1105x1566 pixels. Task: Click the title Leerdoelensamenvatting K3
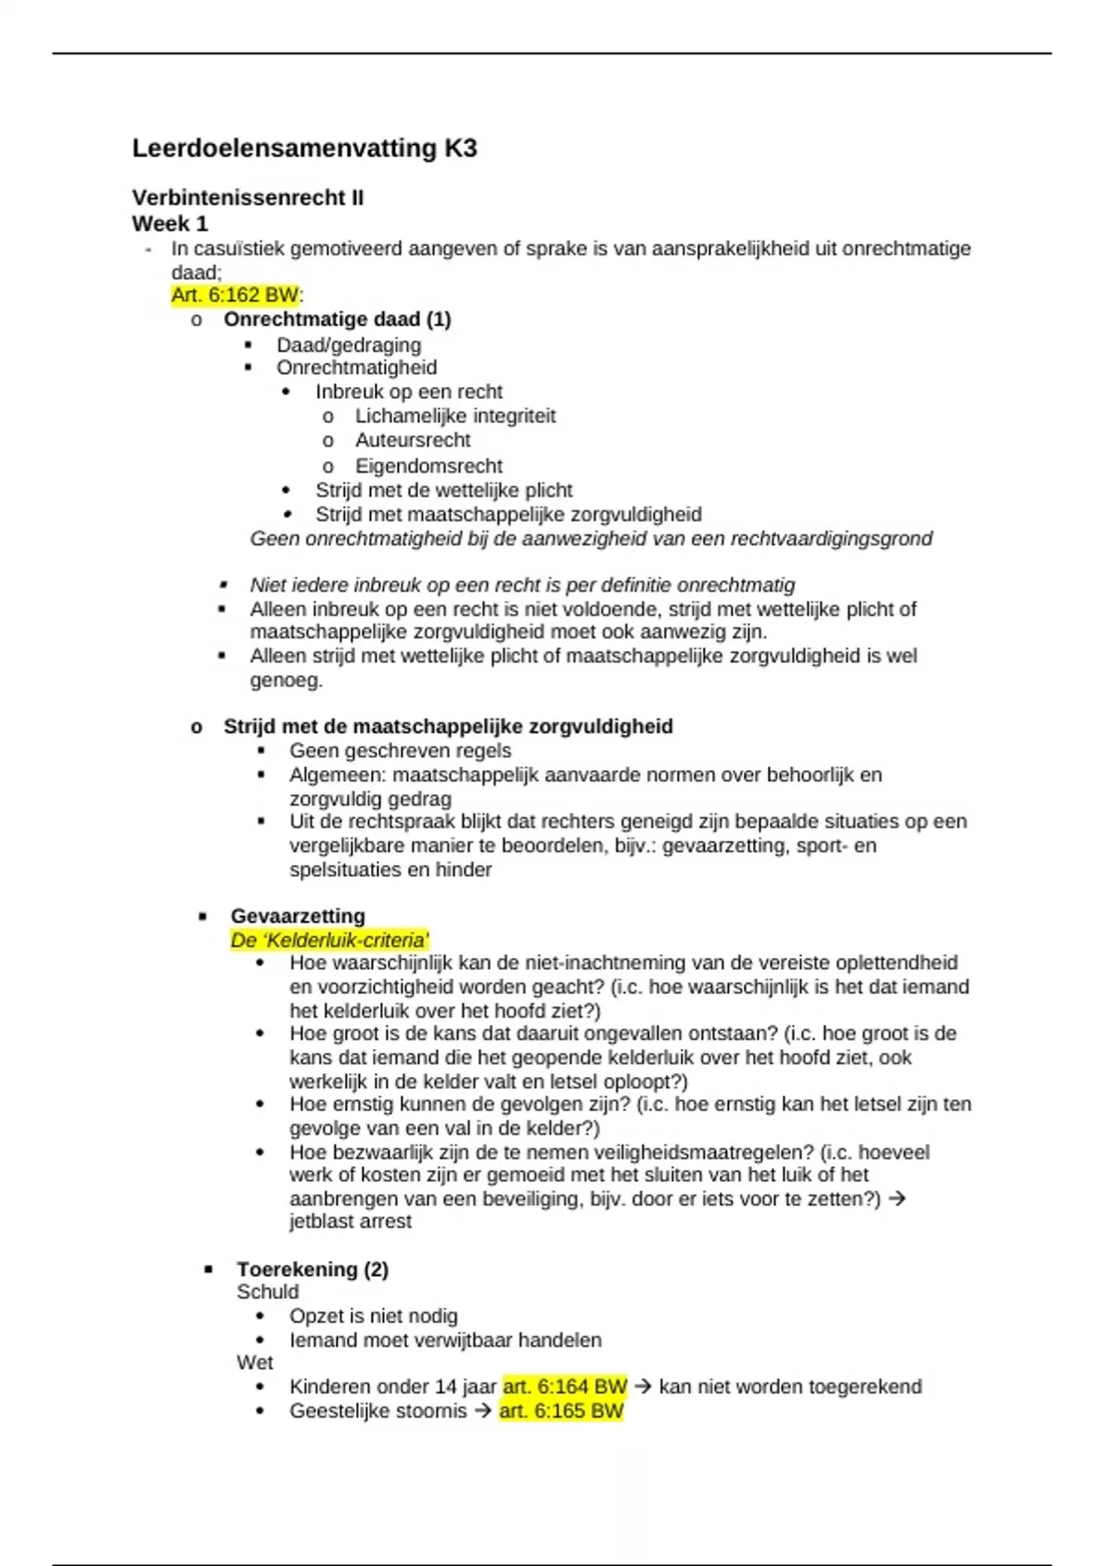304,148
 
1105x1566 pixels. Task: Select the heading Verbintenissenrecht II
248,198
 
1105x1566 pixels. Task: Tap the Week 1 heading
169,224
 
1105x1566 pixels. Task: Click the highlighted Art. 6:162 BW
235,296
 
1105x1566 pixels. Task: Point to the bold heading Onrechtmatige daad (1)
337,320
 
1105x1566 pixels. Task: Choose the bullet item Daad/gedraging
348,345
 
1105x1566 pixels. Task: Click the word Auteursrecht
413,440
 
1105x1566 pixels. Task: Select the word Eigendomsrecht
428,466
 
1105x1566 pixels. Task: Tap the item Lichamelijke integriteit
455,416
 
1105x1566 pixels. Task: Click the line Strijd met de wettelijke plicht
443,490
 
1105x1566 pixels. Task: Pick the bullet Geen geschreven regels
400,751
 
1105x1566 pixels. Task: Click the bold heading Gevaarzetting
297,917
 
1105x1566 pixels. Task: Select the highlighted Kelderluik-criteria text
330,941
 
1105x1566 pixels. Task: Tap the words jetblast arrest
350,1221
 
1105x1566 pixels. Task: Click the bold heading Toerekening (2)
312,1269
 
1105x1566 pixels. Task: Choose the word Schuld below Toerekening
267,1292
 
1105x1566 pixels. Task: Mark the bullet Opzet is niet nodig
373,1316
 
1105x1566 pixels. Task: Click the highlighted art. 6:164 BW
564,1387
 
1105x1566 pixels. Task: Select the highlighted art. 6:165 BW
561,1411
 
